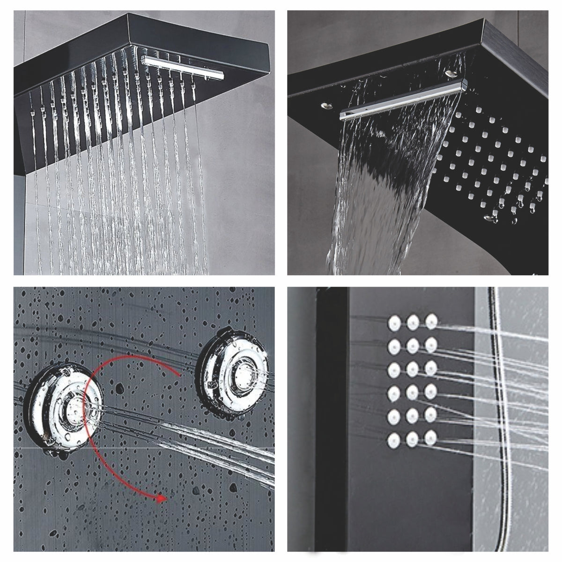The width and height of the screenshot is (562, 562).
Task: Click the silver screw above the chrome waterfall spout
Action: click(x=451, y=73)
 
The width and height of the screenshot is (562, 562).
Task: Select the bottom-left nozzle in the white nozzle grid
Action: click(x=393, y=439)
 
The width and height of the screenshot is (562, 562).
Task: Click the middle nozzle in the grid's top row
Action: click(x=413, y=322)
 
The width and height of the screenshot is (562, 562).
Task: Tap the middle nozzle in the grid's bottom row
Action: click(x=413, y=439)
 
